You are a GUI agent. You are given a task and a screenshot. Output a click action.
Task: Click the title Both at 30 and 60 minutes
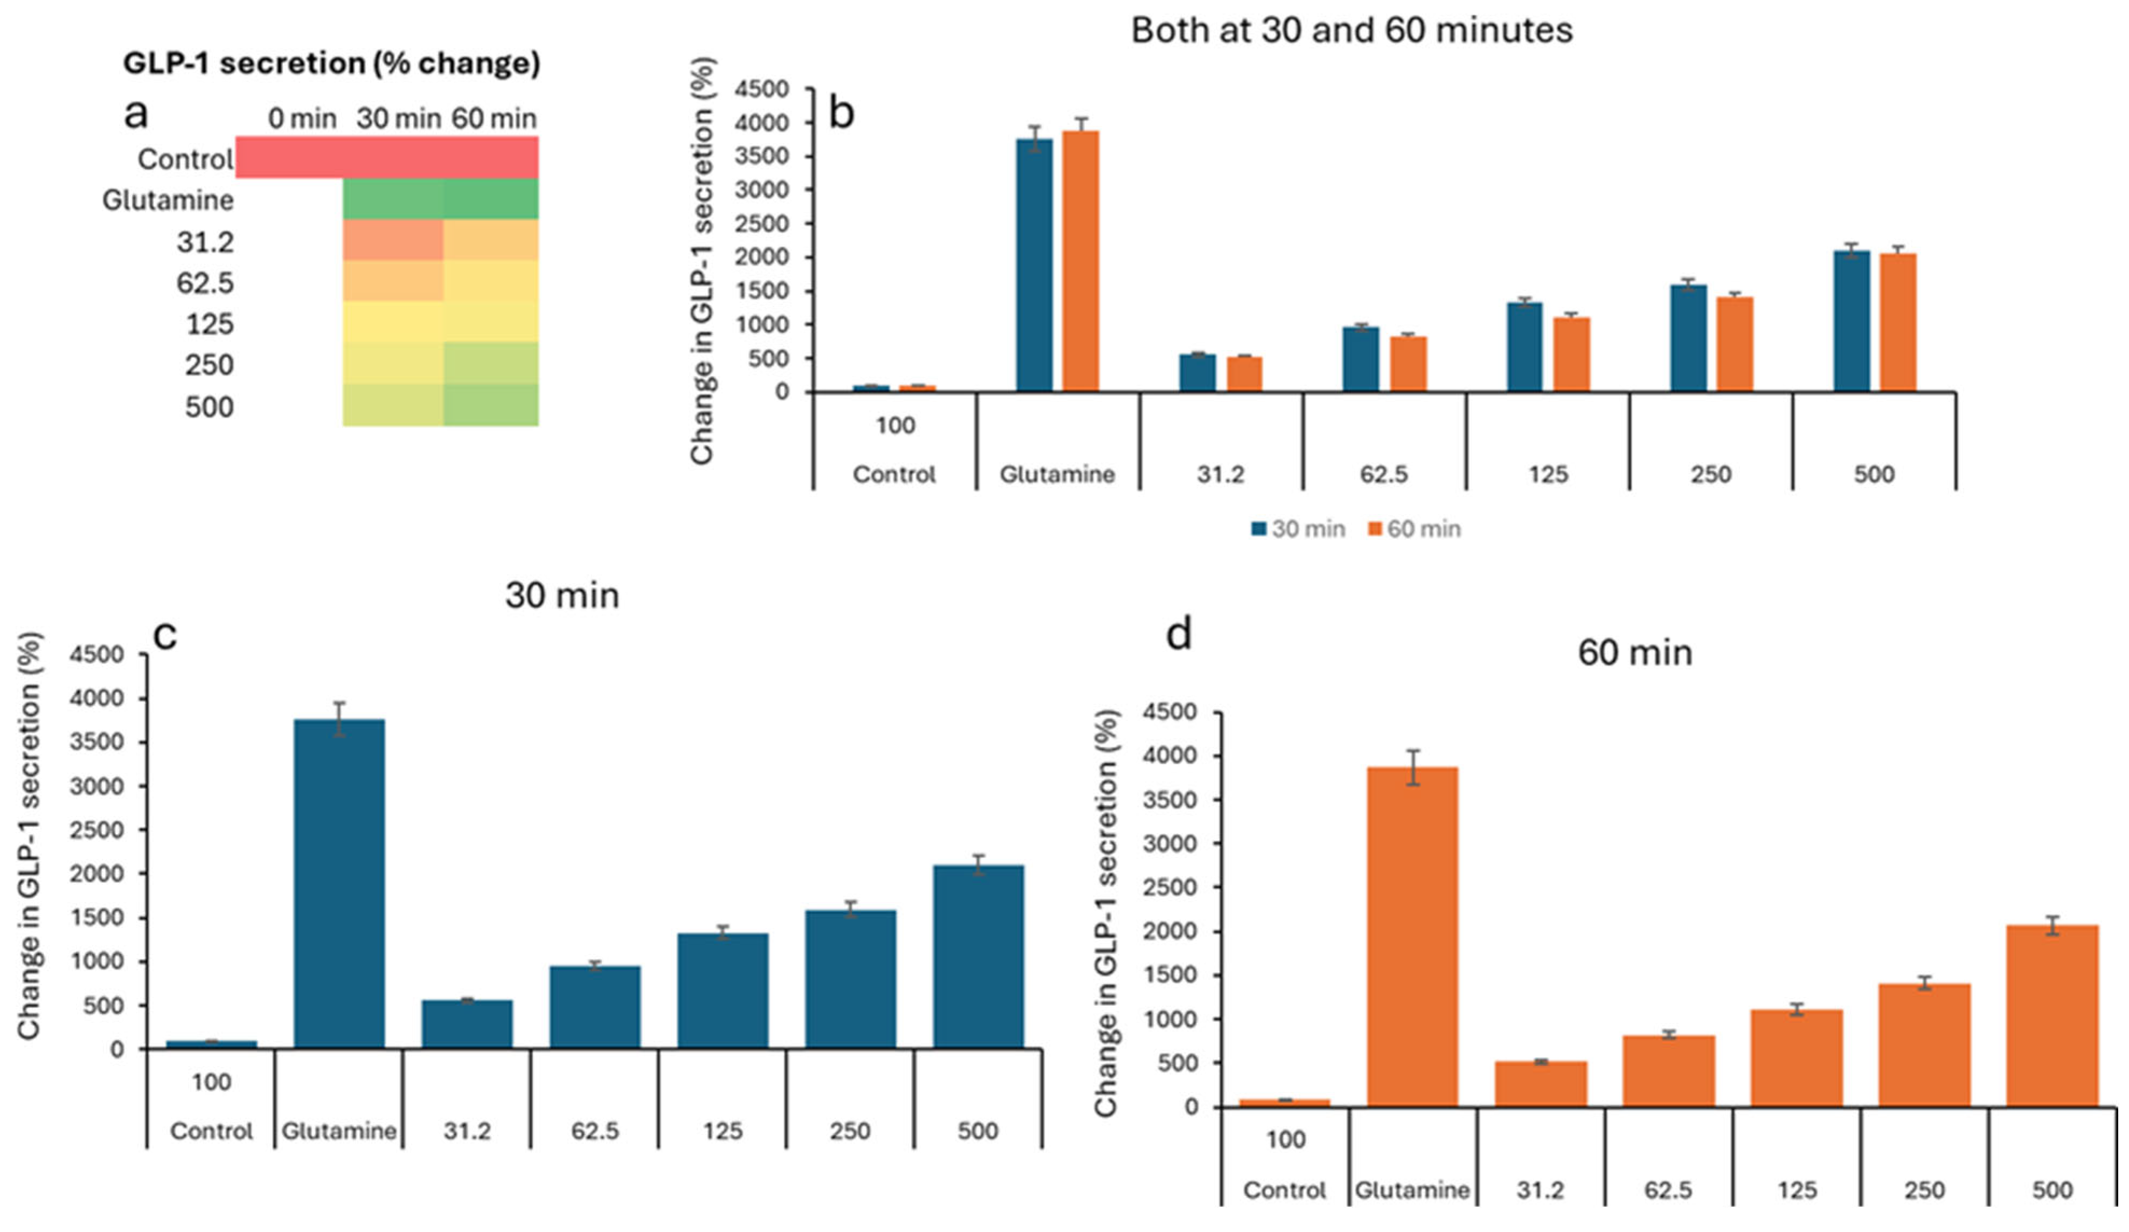coord(1351,30)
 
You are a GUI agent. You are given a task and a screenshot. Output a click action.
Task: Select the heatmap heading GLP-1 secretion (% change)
coord(331,64)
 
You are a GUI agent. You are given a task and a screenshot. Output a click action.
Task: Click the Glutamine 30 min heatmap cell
coord(393,198)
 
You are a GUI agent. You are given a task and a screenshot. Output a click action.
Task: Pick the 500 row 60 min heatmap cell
coord(491,405)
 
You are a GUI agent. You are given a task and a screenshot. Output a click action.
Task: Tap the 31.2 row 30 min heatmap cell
coord(393,240)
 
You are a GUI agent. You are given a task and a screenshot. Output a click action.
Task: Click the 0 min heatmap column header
coord(302,119)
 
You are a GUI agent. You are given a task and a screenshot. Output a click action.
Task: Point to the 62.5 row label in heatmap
coord(205,282)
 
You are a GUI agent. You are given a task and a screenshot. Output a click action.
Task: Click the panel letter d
coord(1179,633)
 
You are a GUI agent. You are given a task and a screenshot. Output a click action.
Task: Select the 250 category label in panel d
coord(1924,1190)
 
